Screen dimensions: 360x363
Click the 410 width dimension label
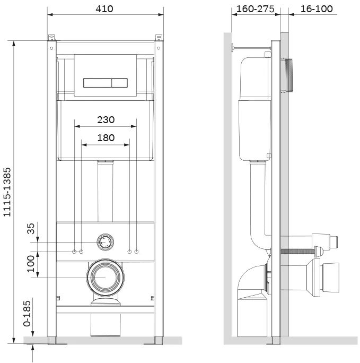(x=104, y=9)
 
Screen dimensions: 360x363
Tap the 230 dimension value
(x=106, y=120)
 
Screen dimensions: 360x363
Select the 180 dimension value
(x=106, y=138)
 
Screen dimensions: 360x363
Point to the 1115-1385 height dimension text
(x=7, y=192)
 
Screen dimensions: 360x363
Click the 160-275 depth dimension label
(x=256, y=9)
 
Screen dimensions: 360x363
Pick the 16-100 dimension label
(x=317, y=9)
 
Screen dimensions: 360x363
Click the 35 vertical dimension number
(x=31, y=229)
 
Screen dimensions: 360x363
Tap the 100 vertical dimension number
(x=31, y=264)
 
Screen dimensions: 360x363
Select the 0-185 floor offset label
(x=27, y=314)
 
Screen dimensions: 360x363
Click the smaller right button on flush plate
(x=119, y=83)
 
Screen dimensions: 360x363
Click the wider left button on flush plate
(x=98, y=83)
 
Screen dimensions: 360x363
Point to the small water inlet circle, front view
(x=106, y=242)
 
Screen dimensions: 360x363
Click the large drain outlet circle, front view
(x=106, y=278)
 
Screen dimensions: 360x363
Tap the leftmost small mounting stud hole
(x=74, y=252)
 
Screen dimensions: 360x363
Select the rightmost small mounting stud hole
(x=136, y=252)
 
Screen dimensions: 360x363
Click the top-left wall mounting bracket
(x=52, y=38)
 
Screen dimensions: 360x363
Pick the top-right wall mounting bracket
(x=159, y=38)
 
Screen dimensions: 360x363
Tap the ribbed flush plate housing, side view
(x=287, y=75)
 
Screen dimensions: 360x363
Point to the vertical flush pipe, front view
(x=105, y=191)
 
